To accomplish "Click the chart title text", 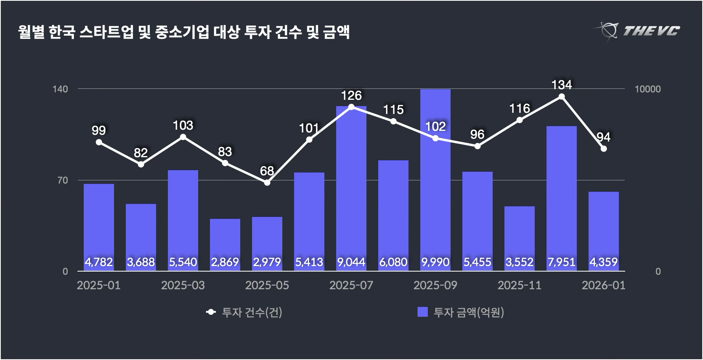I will [x=184, y=32].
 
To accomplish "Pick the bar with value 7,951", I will [x=561, y=197].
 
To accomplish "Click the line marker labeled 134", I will [x=561, y=97].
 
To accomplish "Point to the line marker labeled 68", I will [x=267, y=182].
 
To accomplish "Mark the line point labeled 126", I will [x=351, y=107].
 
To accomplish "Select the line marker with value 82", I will [x=141, y=164].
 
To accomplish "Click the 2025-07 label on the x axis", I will [x=351, y=285].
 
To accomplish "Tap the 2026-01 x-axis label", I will [x=603, y=285].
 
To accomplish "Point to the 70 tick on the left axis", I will [x=63, y=180].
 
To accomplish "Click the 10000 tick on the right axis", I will [x=648, y=89].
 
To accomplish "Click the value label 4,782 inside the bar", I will [x=99, y=262].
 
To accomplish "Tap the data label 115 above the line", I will [x=393, y=110].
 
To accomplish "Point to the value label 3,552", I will [x=519, y=262].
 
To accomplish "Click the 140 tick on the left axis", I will [x=60, y=89].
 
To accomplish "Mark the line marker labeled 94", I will [x=604, y=149].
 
